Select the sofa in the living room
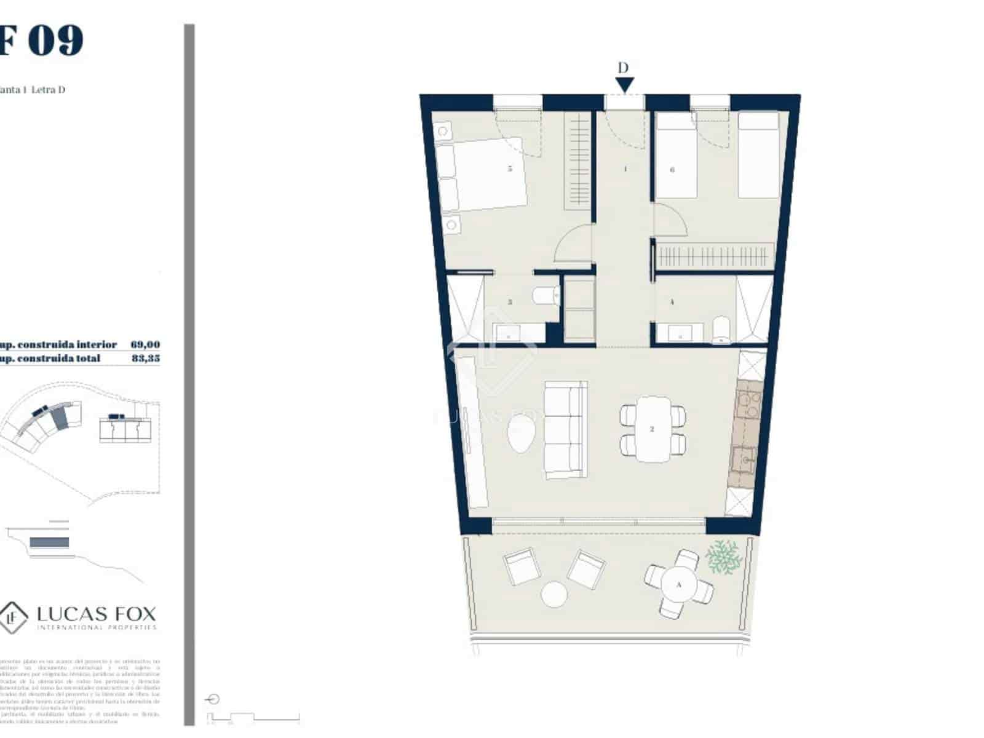(565, 430)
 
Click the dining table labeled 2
(653, 429)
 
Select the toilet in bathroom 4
(721, 330)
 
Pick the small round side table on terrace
(553, 594)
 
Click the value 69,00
(145, 345)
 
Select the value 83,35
(145, 358)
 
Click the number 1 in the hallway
(625, 169)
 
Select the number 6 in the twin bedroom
(672, 169)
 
